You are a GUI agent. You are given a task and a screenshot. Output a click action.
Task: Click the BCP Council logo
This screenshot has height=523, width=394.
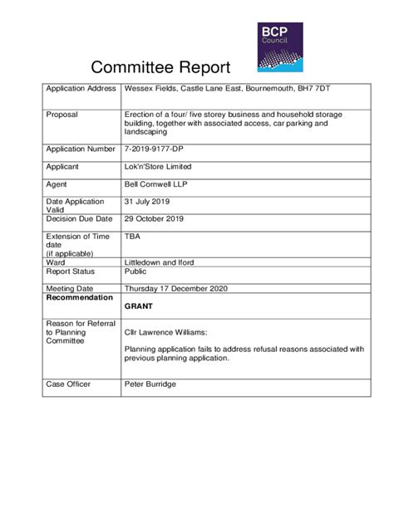279,46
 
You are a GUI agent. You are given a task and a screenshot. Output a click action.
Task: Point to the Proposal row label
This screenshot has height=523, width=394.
62,115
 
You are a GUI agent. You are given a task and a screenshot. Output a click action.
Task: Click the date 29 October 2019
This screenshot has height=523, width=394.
154,219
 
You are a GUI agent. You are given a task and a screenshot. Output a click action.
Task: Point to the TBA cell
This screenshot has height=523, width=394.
132,237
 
